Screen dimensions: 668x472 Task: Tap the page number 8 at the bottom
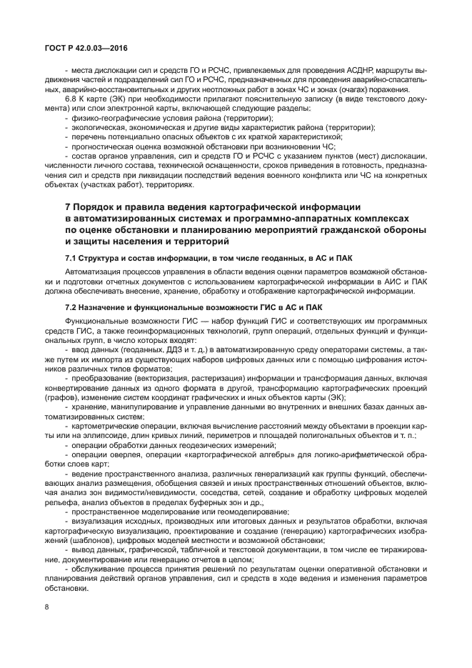tap(46, 607)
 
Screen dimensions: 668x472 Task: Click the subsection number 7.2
tap(72, 306)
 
